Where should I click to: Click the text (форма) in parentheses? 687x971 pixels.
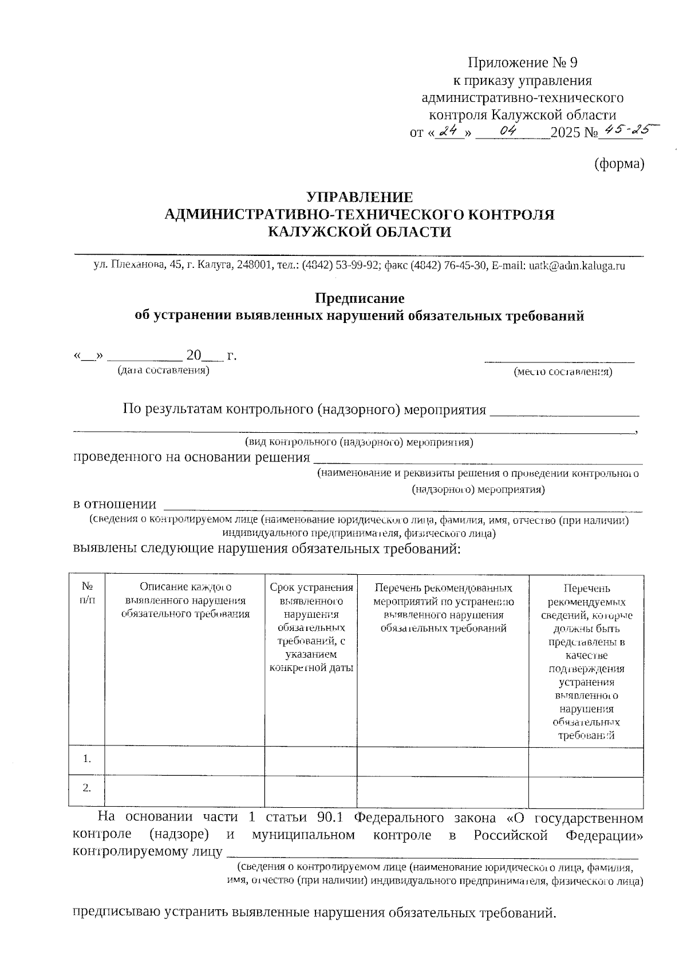(x=619, y=164)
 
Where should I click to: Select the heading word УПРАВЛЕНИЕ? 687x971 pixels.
(x=359, y=198)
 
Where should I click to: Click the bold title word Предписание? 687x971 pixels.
(x=360, y=298)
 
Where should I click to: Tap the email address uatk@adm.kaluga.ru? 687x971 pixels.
(x=577, y=266)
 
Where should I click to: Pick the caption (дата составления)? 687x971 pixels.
(x=163, y=371)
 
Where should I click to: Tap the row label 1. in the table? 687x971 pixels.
(x=87, y=760)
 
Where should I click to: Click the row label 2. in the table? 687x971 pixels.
(x=87, y=788)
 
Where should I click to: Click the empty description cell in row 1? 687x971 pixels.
(x=184, y=761)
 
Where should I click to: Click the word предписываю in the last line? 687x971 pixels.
(x=117, y=912)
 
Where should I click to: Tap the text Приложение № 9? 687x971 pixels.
(x=526, y=62)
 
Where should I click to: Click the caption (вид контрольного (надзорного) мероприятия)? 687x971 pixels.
(x=358, y=443)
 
